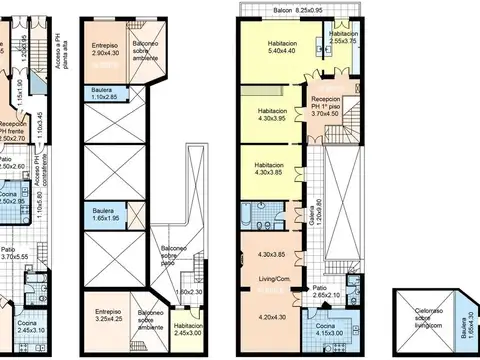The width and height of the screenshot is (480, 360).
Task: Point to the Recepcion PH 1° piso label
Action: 333,108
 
